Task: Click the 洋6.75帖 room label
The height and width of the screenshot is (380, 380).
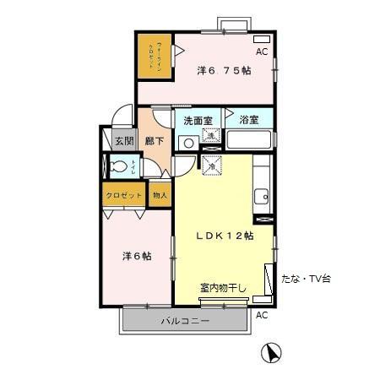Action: pos(224,70)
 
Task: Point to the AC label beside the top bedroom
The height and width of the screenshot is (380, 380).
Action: pos(262,52)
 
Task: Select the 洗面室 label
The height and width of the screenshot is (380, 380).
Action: pos(198,121)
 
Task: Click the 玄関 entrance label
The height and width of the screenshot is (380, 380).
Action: pos(124,141)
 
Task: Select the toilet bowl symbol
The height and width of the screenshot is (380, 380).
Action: pos(121,166)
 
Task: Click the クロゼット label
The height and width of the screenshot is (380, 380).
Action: pos(123,195)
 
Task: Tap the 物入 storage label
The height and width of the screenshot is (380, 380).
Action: pos(160,195)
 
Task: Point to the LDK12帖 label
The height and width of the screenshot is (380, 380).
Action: pos(225,236)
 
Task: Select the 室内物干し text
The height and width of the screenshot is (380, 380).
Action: pos(223,289)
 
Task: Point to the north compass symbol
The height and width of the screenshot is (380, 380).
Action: pos(273,353)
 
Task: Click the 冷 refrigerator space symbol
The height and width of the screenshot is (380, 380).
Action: pos(211,165)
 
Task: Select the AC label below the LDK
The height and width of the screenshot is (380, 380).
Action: pos(262,314)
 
